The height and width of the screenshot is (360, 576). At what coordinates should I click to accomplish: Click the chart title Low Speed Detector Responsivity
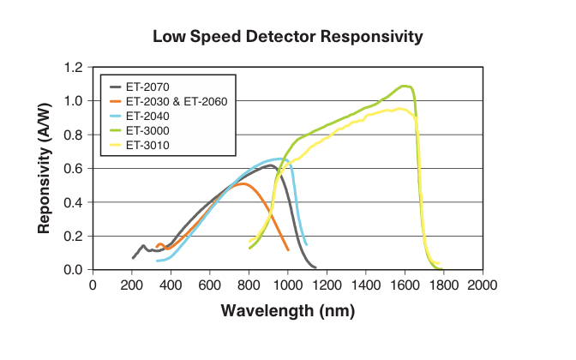tap(287, 37)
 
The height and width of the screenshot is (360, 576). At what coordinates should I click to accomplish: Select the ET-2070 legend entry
tap(147, 87)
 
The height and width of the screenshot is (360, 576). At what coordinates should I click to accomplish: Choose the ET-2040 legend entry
tap(147, 116)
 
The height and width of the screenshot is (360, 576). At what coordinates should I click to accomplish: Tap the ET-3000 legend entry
tap(147, 130)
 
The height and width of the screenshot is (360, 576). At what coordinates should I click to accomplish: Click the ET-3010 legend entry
tap(147, 145)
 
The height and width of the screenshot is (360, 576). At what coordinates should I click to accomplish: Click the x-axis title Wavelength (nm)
tap(287, 310)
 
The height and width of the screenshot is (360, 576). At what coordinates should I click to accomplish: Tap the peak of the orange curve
tap(244, 183)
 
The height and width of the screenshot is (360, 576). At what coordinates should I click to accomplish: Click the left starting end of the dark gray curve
tap(133, 257)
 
